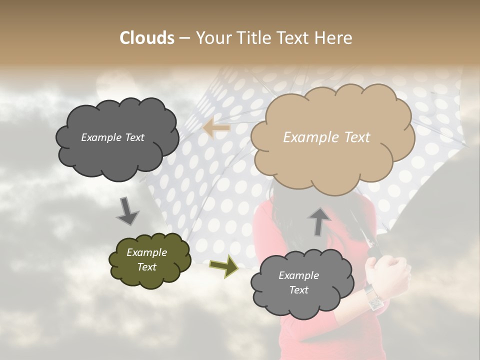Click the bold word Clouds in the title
coord(146,38)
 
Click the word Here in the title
coord(333,38)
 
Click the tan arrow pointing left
coord(216,128)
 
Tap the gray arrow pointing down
coord(128,211)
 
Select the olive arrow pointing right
coord(223,266)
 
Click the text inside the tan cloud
coord(326,137)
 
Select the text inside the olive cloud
coord(146,259)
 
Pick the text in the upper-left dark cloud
coord(112,137)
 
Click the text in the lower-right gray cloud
coord(298,282)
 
